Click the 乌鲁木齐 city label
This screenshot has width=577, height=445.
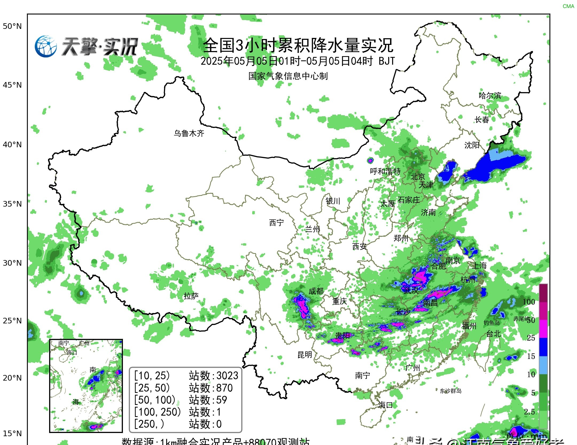189,133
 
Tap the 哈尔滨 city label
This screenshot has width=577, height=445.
490,95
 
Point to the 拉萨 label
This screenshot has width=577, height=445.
191,296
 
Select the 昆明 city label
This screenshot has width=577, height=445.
305,355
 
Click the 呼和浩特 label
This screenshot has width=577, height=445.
385,171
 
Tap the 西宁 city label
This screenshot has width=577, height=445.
276,222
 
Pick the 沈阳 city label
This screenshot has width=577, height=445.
472,145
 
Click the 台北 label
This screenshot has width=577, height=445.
493,334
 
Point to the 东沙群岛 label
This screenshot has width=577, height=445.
451,391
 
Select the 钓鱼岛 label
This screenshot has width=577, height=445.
492,323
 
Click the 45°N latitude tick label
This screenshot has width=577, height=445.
12,85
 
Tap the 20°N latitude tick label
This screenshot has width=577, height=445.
12,378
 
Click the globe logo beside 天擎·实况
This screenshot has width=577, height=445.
46,47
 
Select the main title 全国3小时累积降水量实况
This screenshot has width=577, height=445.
298,45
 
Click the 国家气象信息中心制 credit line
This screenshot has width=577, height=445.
288,76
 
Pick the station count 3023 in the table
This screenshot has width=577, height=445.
227,376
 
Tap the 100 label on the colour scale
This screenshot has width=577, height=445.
529,302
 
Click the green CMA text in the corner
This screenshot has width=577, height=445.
568,6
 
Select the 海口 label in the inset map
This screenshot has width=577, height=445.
72,353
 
